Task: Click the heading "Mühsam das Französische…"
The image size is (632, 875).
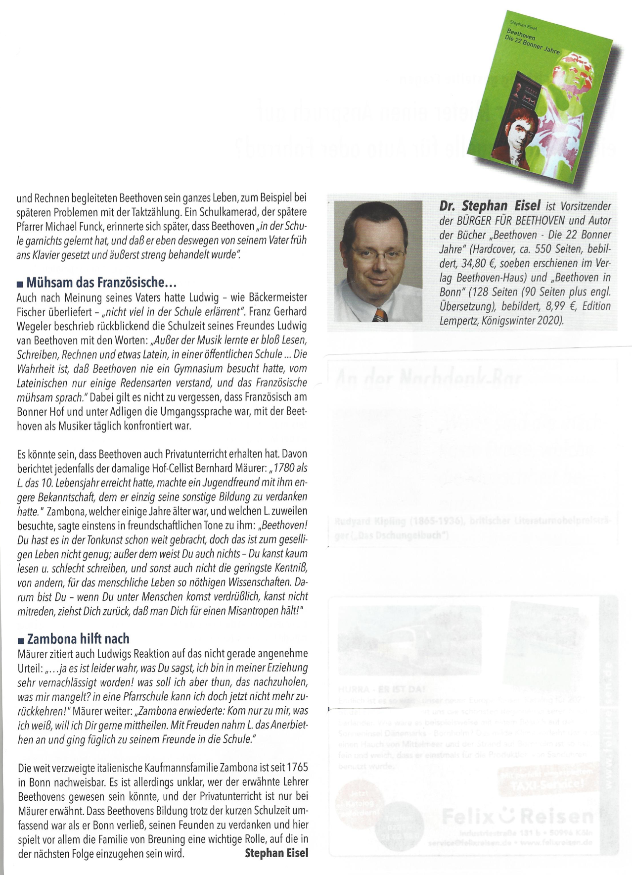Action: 101,283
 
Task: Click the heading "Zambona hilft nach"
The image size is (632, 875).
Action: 78,638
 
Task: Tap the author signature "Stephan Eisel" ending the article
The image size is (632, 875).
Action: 276,853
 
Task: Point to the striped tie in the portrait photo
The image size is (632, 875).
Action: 379,314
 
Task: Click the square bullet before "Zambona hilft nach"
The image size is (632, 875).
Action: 20,640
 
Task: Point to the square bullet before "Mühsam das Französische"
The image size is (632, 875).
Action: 20,284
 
